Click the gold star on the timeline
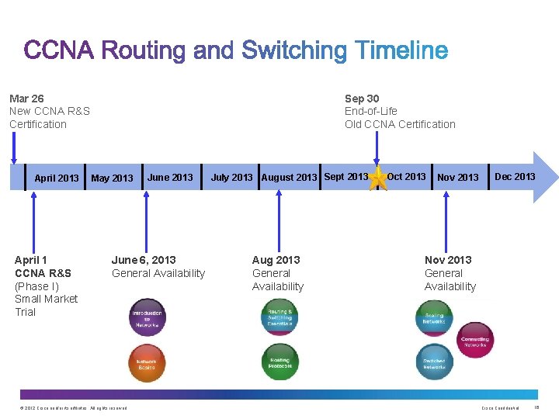point(378,178)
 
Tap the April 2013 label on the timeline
point(57,178)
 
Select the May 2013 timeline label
point(112,178)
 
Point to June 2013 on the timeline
point(170,178)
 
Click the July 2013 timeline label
point(231,178)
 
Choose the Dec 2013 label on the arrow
point(515,177)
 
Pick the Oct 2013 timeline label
point(406,177)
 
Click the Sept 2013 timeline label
point(345,177)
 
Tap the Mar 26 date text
point(26,99)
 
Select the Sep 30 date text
point(362,99)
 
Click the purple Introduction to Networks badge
point(147,317)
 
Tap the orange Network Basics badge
point(147,363)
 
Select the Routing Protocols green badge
point(279,362)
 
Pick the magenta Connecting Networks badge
point(474,340)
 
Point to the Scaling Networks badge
point(434,317)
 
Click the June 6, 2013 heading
point(144,260)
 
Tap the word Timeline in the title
point(401,52)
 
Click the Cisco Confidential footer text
point(501,408)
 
